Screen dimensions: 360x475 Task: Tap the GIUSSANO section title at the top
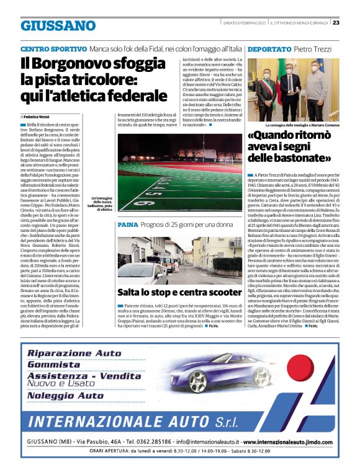point(58,26)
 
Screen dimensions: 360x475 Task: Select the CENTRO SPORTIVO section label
point(53,49)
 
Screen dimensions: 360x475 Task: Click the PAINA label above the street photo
point(127,224)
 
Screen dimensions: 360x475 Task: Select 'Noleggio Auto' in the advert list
point(65,395)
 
